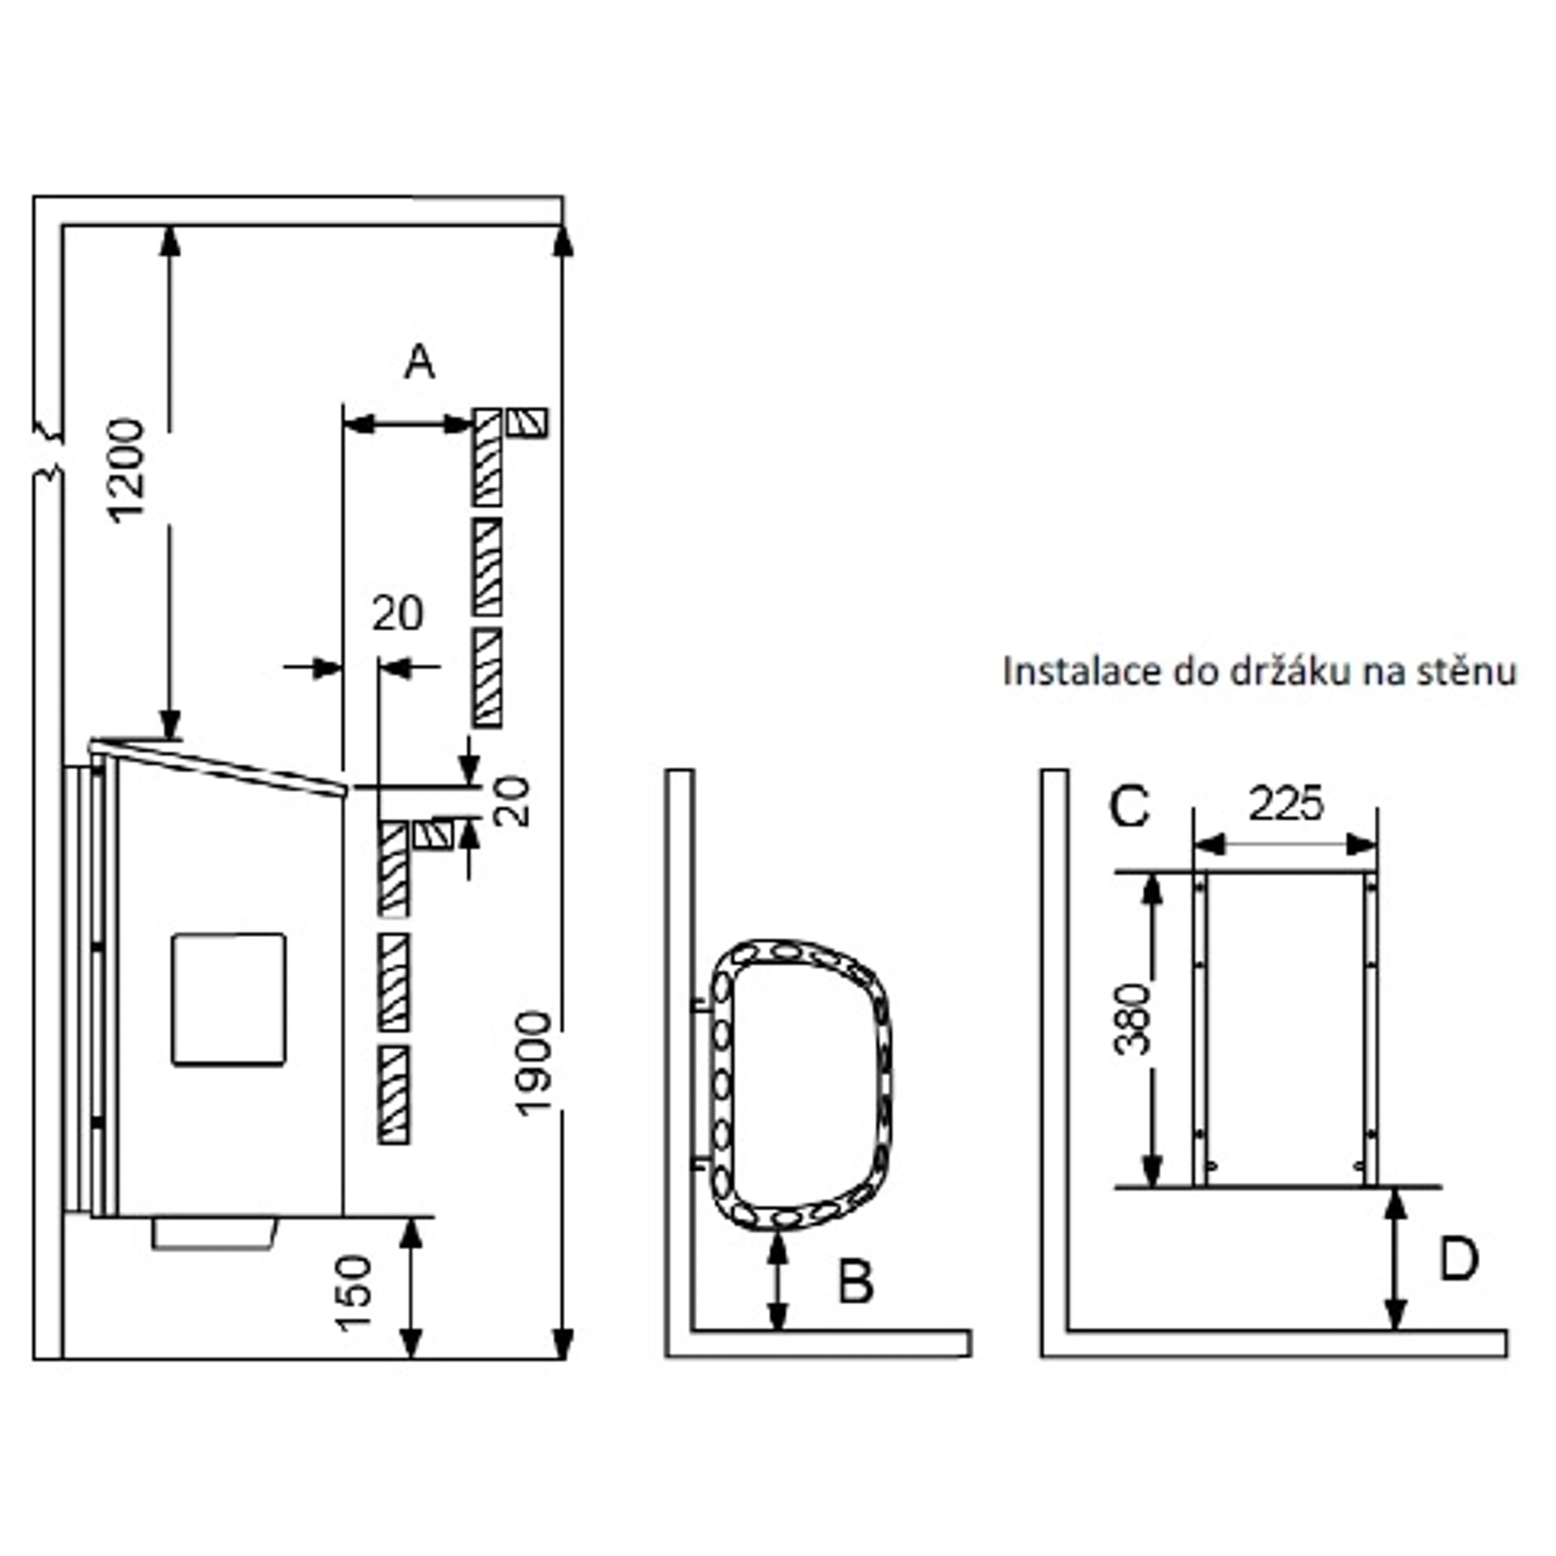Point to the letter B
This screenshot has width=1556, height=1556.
855,1282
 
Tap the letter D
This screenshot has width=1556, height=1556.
1458,1260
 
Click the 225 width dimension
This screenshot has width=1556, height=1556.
1285,804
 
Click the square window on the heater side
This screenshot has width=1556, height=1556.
229,999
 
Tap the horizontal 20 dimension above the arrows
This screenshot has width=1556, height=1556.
397,615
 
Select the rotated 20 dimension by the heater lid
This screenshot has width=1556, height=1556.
512,801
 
